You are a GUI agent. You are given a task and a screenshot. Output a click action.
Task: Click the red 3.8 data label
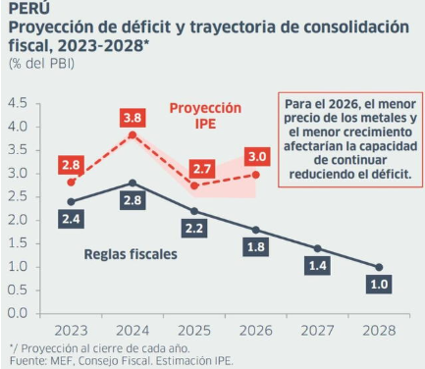pos(133,118)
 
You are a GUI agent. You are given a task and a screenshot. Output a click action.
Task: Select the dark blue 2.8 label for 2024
pos(133,200)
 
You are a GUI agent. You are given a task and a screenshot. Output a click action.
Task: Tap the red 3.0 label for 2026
pos(257,157)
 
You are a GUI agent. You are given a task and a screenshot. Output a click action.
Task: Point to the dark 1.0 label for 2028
pos(379,284)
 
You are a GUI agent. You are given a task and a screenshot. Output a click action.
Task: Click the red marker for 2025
pos(194,185)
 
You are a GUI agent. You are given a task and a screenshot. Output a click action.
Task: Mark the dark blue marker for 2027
pos(317,248)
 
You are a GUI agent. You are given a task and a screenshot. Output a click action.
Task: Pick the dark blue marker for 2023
pos(71,202)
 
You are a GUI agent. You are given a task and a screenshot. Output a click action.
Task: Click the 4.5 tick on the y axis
pos(18,103)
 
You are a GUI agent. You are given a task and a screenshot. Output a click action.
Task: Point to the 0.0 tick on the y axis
pos(18,313)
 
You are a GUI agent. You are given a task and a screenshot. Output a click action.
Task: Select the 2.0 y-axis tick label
pos(18,220)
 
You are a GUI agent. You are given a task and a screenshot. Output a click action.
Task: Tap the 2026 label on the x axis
pos(256,331)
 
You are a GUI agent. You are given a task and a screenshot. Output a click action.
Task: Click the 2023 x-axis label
pos(71,331)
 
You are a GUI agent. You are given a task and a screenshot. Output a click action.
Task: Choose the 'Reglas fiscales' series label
pos(131,254)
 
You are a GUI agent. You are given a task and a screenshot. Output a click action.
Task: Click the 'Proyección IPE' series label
pos(205,116)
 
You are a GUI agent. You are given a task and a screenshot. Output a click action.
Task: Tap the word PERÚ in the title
pos(29,7)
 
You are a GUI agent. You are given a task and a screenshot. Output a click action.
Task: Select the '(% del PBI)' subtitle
pos(41,64)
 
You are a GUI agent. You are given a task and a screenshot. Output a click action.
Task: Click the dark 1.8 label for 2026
pos(256,247)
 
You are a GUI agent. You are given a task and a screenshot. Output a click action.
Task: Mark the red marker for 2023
pos(71,183)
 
